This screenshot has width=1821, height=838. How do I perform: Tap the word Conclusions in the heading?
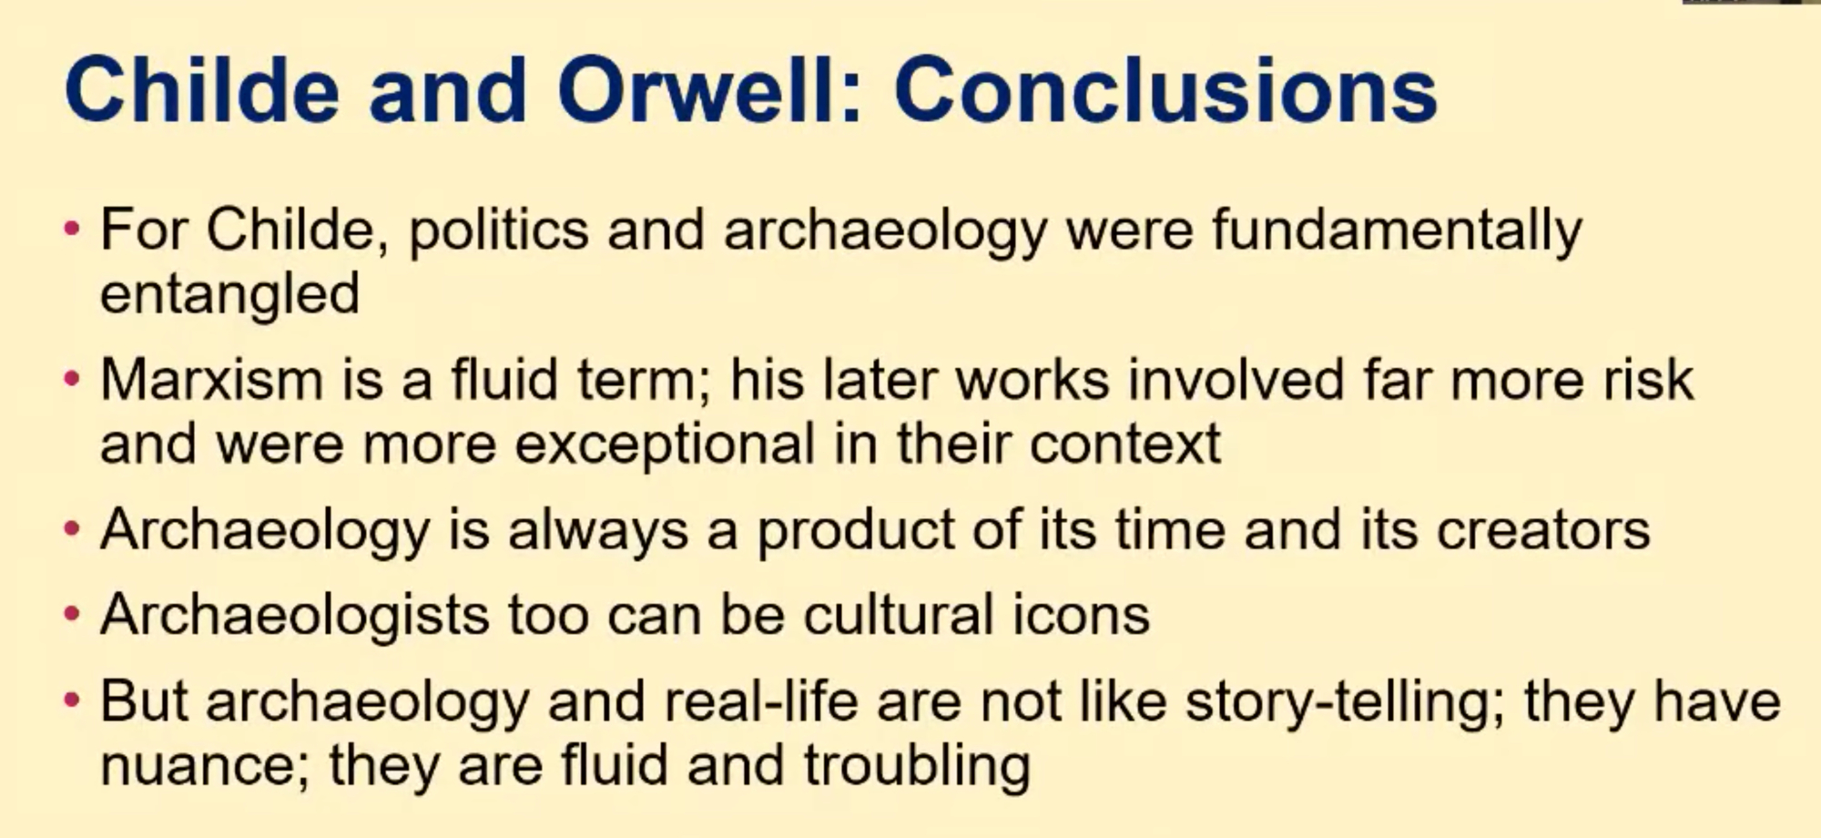click(x=1166, y=90)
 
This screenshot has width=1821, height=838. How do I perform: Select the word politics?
click(x=498, y=230)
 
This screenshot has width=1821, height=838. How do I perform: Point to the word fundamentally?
click(x=1397, y=230)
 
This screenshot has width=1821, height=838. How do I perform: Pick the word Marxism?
click(x=211, y=379)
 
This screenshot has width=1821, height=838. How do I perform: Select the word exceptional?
click(x=665, y=445)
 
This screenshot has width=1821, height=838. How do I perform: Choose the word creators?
click(x=1543, y=531)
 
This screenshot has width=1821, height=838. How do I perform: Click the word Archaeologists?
click(x=295, y=616)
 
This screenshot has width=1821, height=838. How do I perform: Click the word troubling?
click(x=917, y=766)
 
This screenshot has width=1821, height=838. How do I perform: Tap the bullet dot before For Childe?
click(x=73, y=230)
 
